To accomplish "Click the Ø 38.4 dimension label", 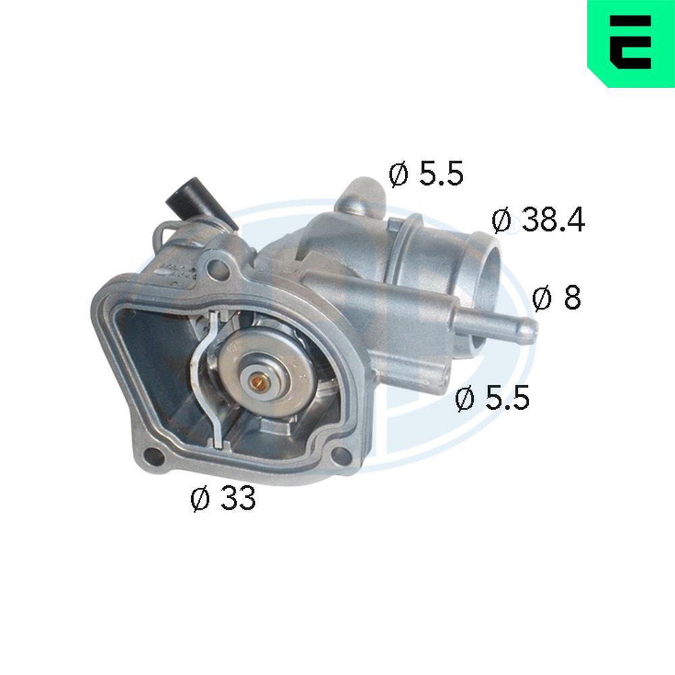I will point(538,221).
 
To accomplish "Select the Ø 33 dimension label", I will point(223,499).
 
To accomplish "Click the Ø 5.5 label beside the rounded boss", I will point(426,175).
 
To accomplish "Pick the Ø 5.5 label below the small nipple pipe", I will point(492,398).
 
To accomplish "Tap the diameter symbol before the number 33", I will point(200,500).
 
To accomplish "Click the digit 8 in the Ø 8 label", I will point(570,298).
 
